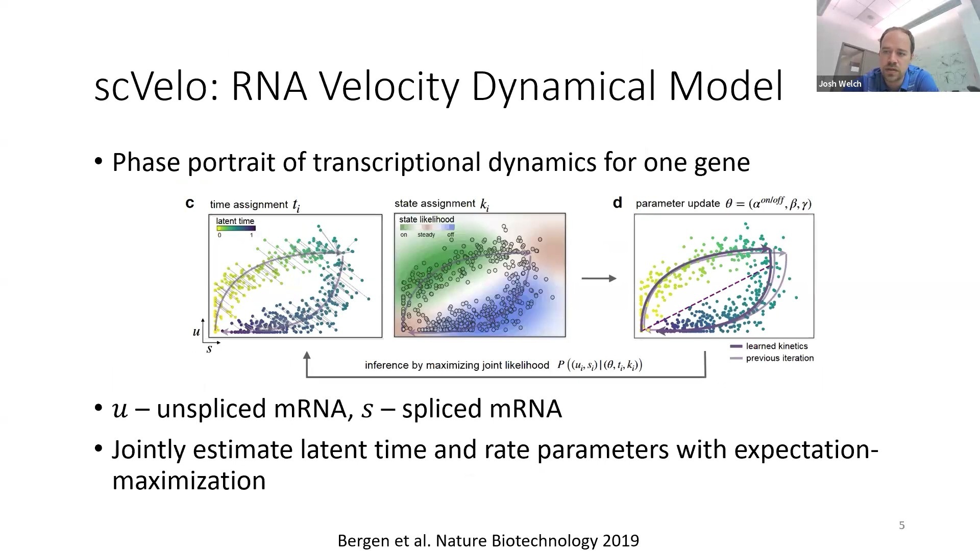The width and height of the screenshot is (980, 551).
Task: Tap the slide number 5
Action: coord(902,525)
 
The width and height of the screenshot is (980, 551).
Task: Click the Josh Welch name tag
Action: coord(840,84)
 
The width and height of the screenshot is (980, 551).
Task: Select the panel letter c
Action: coord(189,204)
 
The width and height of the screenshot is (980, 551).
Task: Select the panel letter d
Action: coord(618,203)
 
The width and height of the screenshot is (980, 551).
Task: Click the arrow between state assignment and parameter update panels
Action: coord(599,278)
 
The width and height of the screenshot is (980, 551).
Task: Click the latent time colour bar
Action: coord(235,228)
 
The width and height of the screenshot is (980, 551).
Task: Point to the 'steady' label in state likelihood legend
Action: coord(426,235)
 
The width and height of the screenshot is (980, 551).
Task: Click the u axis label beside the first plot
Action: coord(196,332)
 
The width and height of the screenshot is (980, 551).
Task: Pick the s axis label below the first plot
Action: coord(209,349)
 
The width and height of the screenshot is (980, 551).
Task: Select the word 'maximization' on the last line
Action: coord(189,481)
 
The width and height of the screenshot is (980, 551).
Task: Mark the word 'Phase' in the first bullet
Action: coord(146,162)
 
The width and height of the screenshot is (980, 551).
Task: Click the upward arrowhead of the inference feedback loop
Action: coord(307,356)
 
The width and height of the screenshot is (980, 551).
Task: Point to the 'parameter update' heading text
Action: coord(678,204)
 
